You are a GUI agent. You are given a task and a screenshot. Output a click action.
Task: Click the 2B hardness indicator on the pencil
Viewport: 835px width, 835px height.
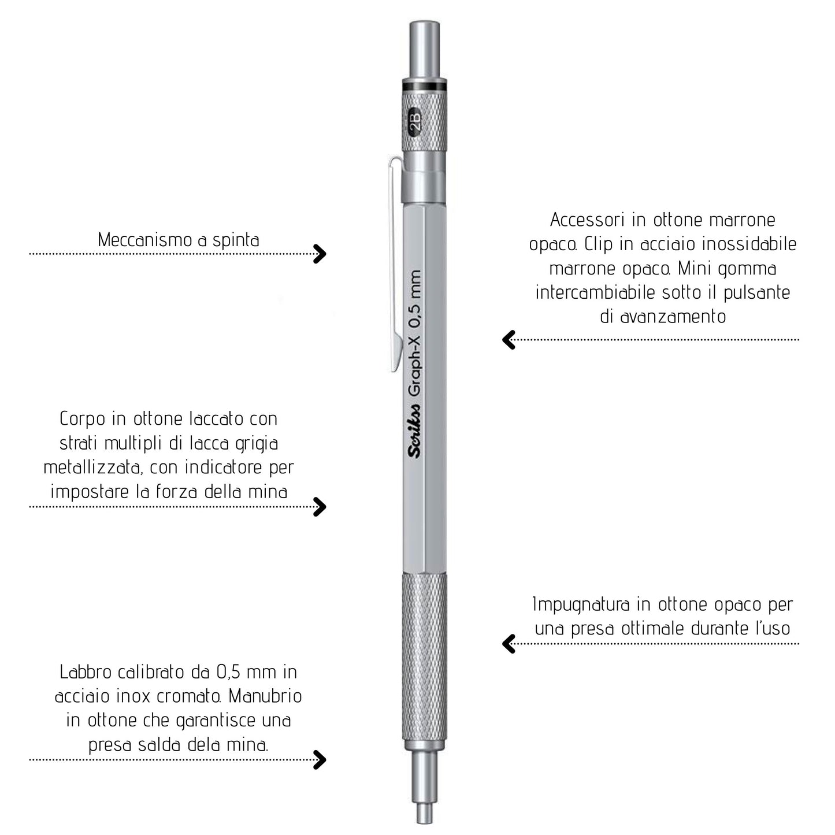coord(415,122)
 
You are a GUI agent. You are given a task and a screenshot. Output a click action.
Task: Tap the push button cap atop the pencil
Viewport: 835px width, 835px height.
coord(424,49)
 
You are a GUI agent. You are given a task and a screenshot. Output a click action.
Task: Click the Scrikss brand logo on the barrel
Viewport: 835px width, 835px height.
coord(414,431)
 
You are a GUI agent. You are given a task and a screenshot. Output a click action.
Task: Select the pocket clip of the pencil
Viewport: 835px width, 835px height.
coord(395,263)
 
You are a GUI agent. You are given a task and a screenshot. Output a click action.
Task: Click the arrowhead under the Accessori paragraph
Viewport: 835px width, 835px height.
coord(509,340)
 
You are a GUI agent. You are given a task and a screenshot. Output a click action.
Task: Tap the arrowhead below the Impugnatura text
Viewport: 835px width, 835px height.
coord(509,644)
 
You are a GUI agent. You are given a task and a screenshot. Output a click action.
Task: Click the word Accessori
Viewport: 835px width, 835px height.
coord(587,220)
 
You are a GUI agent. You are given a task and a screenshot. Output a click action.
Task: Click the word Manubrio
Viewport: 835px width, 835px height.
coord(265,696)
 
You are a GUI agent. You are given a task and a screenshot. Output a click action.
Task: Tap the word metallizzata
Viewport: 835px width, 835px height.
coord(93,467)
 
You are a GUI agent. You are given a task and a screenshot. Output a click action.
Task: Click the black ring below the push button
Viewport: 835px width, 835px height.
coord(424,86)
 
